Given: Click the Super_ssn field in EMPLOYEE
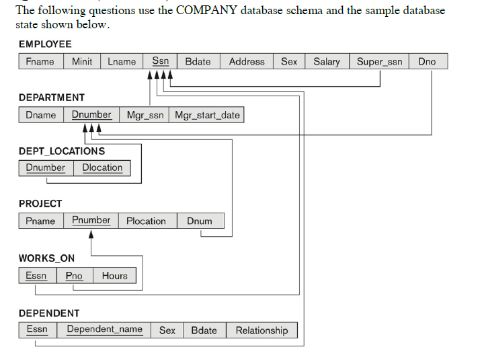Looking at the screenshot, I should tap(379, 61).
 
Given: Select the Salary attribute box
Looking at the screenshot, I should tap(327, 61).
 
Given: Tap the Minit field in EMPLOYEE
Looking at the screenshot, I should tap(82, 61).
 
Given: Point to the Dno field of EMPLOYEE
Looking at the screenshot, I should tap(427, 61).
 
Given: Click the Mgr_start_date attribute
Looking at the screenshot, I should tap(207, 114).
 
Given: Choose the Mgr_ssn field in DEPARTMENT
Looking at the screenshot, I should tap(145, 114).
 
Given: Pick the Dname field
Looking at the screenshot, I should tap(41, 114).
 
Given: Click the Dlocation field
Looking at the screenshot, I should tap(102, 168).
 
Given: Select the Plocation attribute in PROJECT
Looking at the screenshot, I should tap(146, 221).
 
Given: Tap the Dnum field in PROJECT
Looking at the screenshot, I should tap(200, 221).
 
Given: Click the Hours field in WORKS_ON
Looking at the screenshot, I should tap(115, 275).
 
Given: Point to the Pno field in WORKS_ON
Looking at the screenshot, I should tap(74, 275).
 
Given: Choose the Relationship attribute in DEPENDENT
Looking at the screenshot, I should tap(261, 330).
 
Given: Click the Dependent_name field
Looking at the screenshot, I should tap(104, 330).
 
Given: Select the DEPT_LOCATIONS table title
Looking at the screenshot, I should tap(62, 151).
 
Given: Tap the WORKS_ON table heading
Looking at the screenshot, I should tap(46, 258).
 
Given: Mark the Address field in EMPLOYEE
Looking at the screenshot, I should tap(247, 61).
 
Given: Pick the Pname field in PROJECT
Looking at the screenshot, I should tap(41, 221).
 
